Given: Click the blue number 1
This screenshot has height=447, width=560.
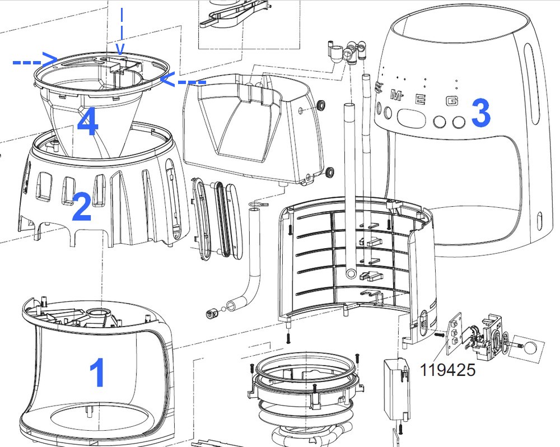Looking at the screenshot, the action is [97, 372].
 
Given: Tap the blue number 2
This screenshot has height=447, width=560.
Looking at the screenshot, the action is [81, 206].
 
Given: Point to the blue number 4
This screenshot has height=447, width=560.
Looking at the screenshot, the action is [88, 122].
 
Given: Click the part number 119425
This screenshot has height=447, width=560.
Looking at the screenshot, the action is [448, 370].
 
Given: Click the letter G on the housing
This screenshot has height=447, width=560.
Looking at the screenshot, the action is [452, 101].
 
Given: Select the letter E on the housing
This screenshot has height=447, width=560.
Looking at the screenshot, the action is [421, 98].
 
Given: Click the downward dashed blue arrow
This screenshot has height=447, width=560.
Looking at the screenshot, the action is [122, 31].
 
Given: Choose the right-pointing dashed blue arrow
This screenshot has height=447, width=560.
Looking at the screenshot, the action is [35, 60].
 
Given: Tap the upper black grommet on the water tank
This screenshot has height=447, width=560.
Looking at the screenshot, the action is [321, 105].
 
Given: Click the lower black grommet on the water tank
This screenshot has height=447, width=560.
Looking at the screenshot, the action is [330, 172].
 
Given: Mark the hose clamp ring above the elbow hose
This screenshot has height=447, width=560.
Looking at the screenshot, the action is [258, 204].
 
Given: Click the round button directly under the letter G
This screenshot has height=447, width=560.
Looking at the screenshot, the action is [459, 122].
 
